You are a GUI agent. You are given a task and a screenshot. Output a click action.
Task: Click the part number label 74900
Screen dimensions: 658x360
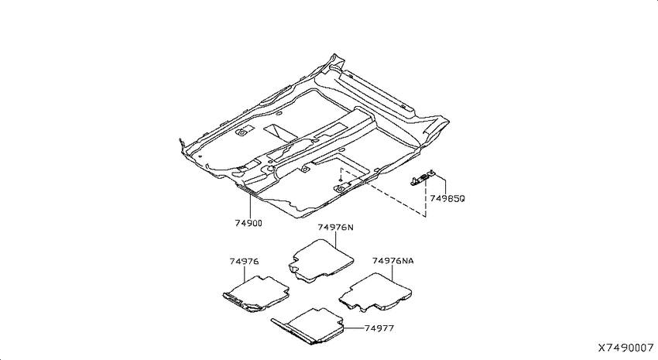tap(248, 223)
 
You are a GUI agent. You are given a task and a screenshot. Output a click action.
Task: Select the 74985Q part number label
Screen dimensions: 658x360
tap(447, 198)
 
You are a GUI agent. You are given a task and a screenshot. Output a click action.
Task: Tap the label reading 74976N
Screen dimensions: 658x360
tap(335, 228)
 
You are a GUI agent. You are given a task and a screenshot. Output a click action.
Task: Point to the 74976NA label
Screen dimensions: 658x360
tap(392, 261)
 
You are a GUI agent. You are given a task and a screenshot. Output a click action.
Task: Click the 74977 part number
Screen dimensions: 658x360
tap(379, 328)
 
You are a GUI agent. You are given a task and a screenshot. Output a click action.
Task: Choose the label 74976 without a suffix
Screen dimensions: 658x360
tap(244, 262)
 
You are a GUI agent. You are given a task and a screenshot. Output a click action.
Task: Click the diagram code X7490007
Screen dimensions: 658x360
tap(625, 348)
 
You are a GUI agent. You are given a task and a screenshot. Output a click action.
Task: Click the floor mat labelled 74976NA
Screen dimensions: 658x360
tap(375, 293)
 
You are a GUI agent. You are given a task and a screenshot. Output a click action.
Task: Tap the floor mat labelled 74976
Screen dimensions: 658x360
tap(256, 294)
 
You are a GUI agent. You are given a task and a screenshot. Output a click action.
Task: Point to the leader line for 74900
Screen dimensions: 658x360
tap(250, 205)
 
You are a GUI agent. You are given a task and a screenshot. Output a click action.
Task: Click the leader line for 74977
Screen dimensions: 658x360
tap(353, 328)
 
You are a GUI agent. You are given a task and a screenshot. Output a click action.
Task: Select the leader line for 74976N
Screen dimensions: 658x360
tap(336, 239)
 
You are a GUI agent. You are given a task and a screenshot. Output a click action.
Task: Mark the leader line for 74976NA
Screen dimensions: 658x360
tap(392, 273)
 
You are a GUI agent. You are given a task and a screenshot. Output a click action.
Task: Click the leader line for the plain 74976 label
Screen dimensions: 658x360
tap(244, 273)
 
